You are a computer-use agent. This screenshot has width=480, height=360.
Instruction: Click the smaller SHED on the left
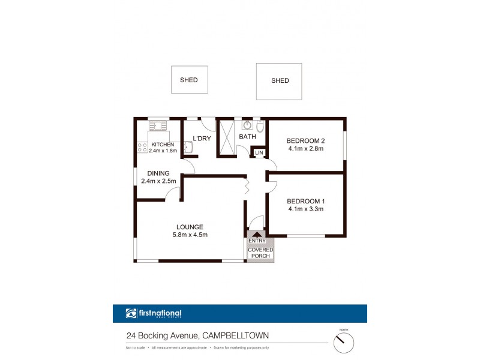pos(188,79)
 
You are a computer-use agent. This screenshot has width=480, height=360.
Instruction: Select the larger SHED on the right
pos(280,80)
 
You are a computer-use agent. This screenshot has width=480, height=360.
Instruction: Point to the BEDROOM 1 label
pos(305,201)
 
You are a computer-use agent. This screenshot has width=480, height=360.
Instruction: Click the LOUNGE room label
pos(190,227)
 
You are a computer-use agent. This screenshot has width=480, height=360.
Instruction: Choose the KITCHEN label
pos(163,145)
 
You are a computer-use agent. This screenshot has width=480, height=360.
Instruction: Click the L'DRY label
pos(202,139)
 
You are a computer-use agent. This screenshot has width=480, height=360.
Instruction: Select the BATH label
pos(247,137)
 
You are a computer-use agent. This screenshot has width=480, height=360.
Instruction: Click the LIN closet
pos(259,153)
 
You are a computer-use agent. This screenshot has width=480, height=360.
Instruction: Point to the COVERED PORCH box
pos(260,253)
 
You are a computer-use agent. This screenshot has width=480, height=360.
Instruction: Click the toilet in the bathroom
pos(259,127)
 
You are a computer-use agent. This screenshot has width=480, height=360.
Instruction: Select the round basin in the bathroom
pos(247,125)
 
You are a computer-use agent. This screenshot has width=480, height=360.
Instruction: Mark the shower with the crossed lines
pos(227,138)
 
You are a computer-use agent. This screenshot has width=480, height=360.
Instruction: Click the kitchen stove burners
pos(142,145)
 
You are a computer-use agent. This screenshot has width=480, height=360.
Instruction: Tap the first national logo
pos(154,313)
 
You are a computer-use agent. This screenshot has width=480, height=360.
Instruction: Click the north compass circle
pos(344,342)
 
